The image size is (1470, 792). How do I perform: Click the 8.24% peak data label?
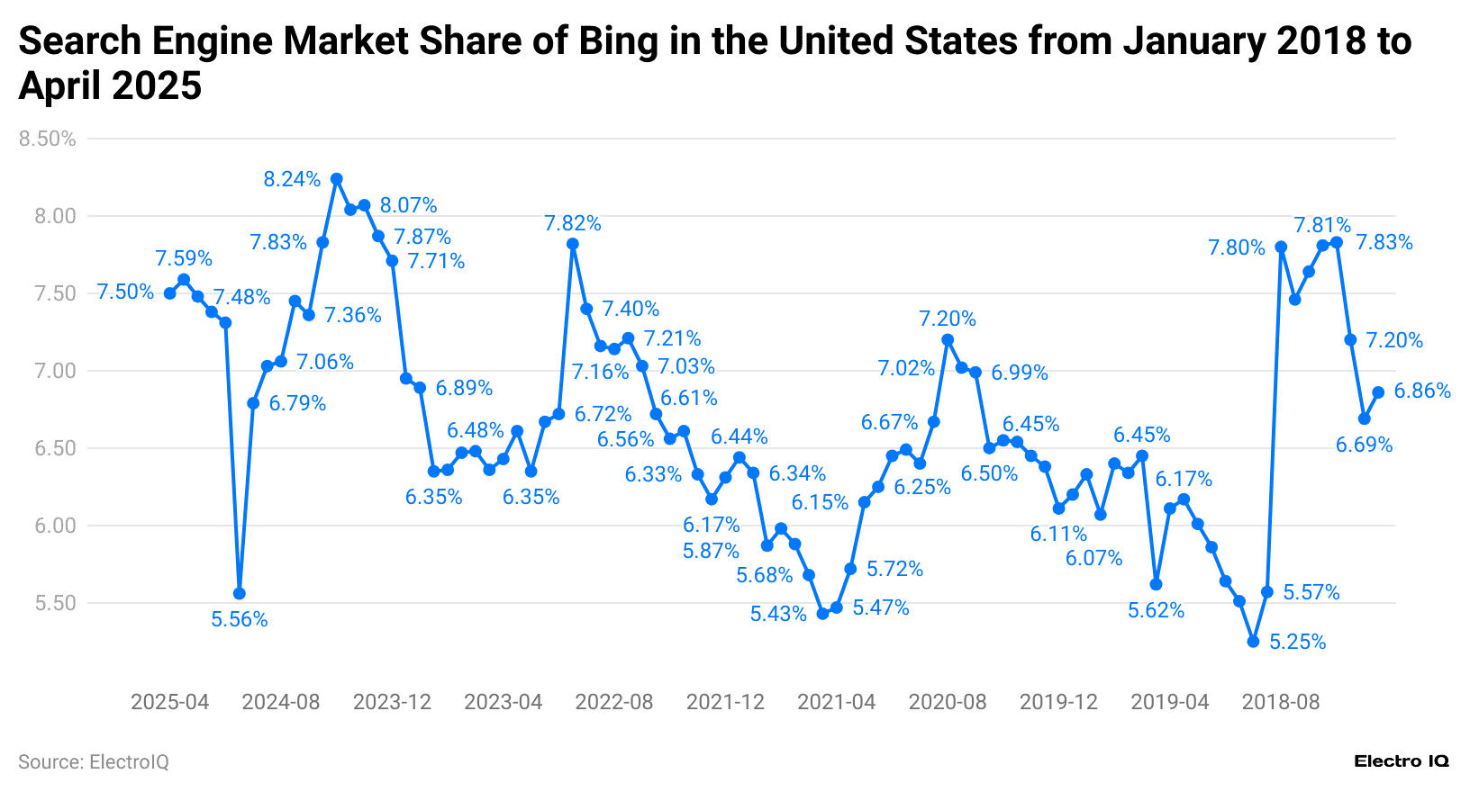(x=292, y=179)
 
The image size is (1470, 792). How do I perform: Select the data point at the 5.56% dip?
(x=239, y=593)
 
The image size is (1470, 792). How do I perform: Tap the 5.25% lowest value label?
(x=1297, y=642)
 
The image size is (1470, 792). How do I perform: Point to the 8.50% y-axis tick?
(x=47, y=139)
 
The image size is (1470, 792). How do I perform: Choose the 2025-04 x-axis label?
(x=169, y=702)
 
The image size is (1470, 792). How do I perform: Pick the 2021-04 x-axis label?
(x=836, y=702)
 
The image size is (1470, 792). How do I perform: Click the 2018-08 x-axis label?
(x=1280, y=702)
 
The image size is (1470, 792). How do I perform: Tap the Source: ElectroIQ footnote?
(x=94, y=762)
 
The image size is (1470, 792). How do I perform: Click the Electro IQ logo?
(x=1401, y=761)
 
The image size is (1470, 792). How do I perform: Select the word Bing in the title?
(x=618, y=41)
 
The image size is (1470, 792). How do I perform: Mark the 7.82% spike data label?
(x=572, y=223)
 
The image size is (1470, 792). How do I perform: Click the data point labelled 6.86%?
(x=1377, y=392)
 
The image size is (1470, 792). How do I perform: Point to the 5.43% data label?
(x=778, y=614)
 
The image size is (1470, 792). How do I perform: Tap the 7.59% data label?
(x=184, y=259)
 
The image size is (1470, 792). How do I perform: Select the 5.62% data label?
(x=1156, y=610)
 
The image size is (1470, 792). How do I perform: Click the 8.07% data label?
(x=408, y=205)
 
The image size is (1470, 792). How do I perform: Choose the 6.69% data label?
(x=1364, y=445)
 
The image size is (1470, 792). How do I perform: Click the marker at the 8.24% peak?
(x=336, y=179)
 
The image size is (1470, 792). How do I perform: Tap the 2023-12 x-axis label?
(x=392, y=702)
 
